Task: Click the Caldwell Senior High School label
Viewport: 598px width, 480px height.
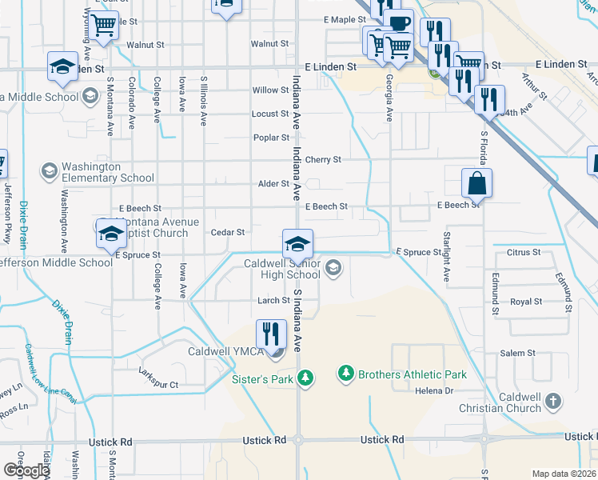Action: coord(281,269)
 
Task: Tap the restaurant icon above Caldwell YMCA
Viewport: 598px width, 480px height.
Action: coord(271,333)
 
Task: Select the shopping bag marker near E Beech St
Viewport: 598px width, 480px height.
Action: coord(476,183)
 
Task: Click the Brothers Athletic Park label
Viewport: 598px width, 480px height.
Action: coord(412,374)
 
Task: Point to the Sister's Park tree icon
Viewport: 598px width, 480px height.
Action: coord(304,378)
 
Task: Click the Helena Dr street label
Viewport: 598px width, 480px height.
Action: coord(434,391)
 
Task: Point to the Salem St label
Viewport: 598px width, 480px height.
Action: coord(517,353)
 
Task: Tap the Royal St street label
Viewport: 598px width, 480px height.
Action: coord(526,302)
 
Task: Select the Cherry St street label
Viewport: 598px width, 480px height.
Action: coord(323,159)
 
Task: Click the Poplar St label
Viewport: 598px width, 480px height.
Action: coord(271,138)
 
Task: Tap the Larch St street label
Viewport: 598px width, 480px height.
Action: coord(273,301)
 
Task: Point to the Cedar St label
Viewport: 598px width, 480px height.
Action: coord(227,232)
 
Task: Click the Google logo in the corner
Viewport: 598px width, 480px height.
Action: coord(26,470)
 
